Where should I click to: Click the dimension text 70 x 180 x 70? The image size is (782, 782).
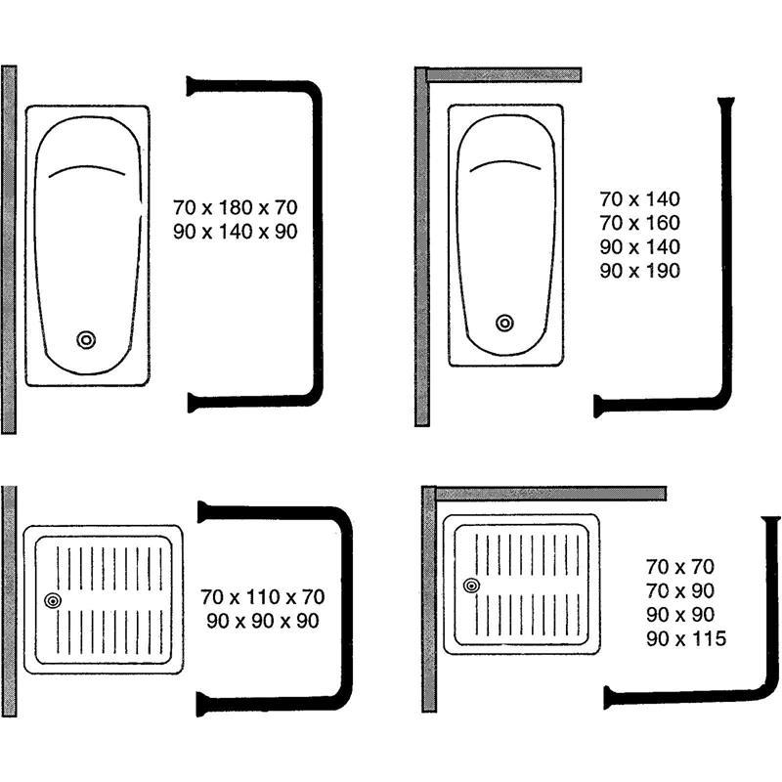tap(235, 207)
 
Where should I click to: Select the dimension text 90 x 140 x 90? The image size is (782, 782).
tap(235, 232)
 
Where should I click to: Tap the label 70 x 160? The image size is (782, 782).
tap(639, 223)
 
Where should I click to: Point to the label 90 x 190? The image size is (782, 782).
tap(639, 271)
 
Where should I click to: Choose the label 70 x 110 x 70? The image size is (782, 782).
tap(263, 596)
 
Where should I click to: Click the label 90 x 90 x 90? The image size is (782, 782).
tap(263, 621)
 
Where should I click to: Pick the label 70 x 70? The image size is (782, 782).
tap(680, 566)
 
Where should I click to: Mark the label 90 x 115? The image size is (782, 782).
tap(685, 639)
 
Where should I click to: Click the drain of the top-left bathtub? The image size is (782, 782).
tap(86, 339)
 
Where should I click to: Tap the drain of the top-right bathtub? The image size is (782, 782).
tap(504, 323)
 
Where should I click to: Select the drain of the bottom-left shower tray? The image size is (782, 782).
tap(52, 601)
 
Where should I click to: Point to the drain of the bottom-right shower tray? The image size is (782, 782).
tap(471, 586)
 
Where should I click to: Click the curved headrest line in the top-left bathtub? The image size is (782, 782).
tap(87, 169)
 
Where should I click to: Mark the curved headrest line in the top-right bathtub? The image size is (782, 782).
tap(506, 164)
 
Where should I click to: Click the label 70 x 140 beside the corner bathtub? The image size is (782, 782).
tap(639, 198)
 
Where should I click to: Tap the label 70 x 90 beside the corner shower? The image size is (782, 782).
tap(680, 590)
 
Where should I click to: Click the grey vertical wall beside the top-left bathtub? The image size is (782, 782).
tap(9, 249)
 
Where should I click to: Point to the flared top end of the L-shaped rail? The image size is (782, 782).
tap(726, 103)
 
